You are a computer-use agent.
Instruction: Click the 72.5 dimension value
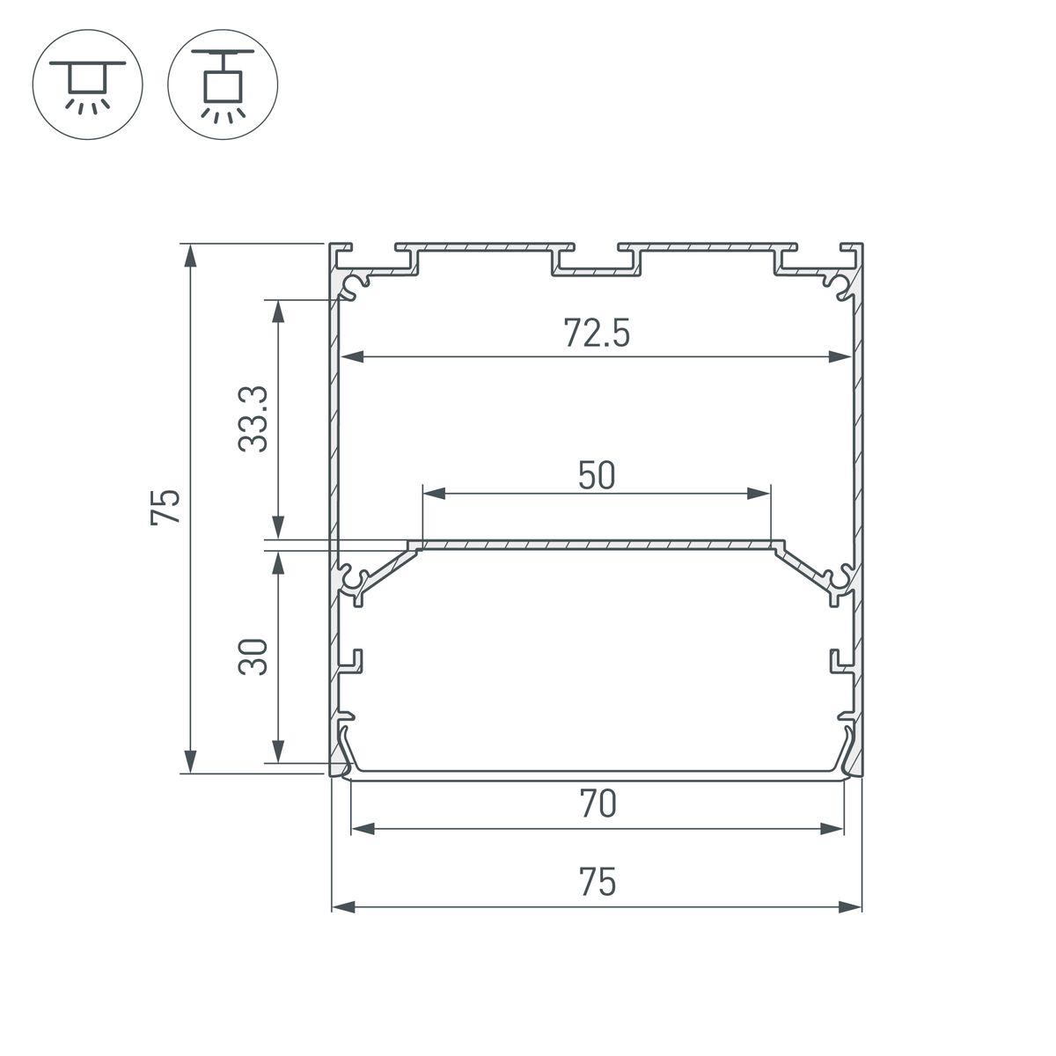pos(596,334)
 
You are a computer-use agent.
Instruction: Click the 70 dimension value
pos(598,804)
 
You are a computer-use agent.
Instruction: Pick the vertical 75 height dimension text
pos(166,507)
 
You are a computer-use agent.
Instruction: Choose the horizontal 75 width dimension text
pos(598,882)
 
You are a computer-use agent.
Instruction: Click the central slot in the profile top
pos(596,263)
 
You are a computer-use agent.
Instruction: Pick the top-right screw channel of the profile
pos(836,285)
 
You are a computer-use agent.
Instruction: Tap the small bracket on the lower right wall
pos(839,663)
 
